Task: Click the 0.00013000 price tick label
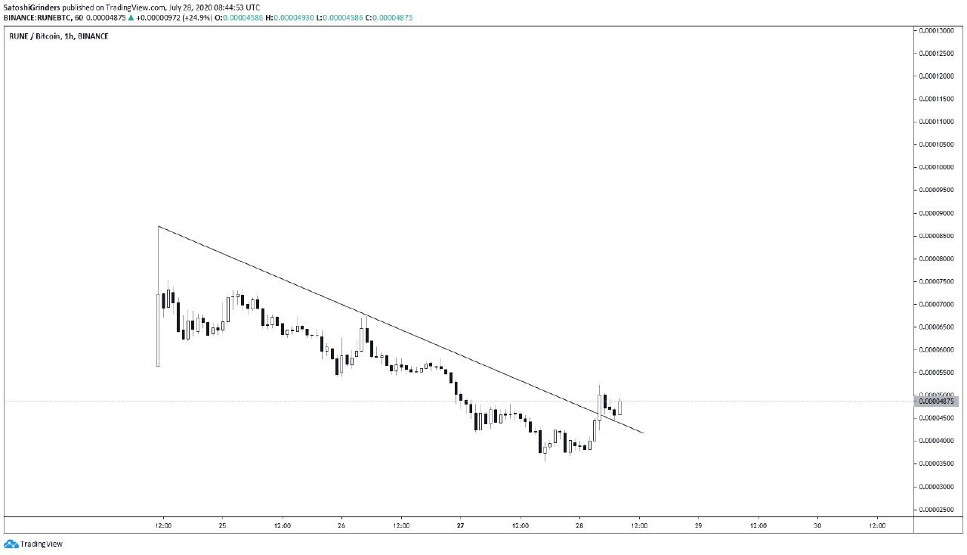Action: point(936,31)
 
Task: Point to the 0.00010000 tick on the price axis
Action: point(936,167)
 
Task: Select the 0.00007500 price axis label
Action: point(936,281)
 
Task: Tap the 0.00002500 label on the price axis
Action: point(936,510)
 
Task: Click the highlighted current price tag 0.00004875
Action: point(936,402)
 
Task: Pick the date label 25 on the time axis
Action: point(222,526)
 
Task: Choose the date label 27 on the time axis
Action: point(461,526)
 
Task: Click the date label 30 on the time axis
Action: point(817,526)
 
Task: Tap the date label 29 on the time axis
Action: point(699,526)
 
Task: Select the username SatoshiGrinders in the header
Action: point(32,8)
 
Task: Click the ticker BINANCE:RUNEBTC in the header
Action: point(37,17)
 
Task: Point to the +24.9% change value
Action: point(197,17)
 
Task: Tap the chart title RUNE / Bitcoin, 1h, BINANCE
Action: point(59,36)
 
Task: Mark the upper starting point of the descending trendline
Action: point(159,226)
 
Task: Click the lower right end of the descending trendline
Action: point(644,433)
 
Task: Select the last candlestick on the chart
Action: point(620,407)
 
